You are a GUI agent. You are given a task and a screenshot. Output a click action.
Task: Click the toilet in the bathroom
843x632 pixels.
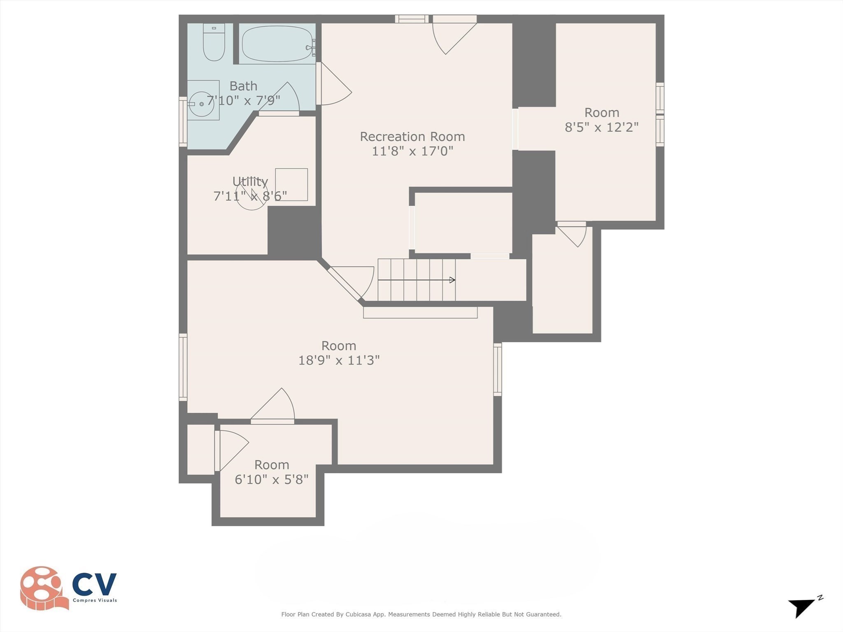pyautogui.click(x=214, y=43)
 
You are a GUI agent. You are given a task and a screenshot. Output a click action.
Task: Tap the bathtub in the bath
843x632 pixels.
pyautogui.click(x=277, y=44)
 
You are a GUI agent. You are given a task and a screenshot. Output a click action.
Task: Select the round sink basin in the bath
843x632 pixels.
pyautogui.click(x=201, y=104)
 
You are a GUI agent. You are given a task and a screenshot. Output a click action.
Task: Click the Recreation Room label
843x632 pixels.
pyautogui.click(x=412, y=137)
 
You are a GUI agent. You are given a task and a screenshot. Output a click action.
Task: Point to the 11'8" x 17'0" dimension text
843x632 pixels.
pyautogui.click(x=412, y=151)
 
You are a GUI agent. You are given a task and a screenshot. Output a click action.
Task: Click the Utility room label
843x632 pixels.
pyautogui.click(x=250, y=181)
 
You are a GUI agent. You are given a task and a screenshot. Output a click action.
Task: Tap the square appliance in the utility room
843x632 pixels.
pyautogui.click(x=291, y=184)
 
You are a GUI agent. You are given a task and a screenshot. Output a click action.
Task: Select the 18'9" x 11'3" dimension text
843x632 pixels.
pyautogui.click(x=339, y=360)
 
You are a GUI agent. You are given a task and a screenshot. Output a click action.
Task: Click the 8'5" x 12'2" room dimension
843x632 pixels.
pyautogui.click(x=601, y=127)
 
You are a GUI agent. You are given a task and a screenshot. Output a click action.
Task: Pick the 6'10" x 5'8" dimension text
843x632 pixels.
pyautogui.click(x=272, y=479)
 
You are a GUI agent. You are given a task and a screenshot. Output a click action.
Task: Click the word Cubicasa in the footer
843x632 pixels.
pyautogui.click(x=357, y=614)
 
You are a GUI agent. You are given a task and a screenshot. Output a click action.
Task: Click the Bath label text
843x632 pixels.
pyautogui.click(x=243, y=86)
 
